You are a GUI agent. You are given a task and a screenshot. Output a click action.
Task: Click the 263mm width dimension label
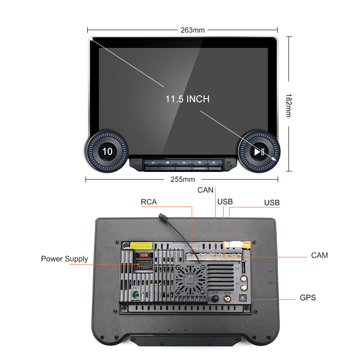click(192, 30)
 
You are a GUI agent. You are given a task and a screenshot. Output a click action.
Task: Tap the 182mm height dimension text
click(288, 105)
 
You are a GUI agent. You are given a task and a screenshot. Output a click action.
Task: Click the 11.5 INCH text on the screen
click(187, 99)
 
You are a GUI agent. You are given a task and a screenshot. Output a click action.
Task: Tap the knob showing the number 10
click(108, 152)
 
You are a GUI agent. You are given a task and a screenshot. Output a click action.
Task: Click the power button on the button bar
click(153, 162)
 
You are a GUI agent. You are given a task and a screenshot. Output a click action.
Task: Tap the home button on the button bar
click(168, 162)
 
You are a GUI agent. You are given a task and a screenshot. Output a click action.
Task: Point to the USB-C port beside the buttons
click(228, 165)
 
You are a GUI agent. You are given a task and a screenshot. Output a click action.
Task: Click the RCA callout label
click(149, 202)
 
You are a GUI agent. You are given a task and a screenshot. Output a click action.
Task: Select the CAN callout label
click(205, 190)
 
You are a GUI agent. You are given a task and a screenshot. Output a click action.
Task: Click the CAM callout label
click(319, 256)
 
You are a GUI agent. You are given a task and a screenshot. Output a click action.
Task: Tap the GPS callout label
click(308, 297)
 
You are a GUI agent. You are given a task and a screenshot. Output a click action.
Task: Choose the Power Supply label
click(64, 259)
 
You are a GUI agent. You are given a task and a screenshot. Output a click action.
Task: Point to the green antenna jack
click(135, 295)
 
